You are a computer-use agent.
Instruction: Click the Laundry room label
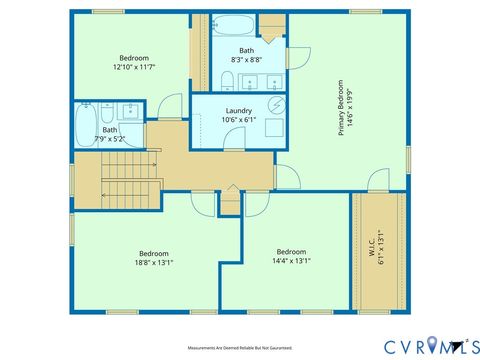[x=238, y=111]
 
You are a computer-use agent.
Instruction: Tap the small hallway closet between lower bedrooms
[x=230, y=204]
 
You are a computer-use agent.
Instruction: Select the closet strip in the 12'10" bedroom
[x=199, y=50]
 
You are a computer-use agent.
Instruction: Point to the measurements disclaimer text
[x=239, y=348]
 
